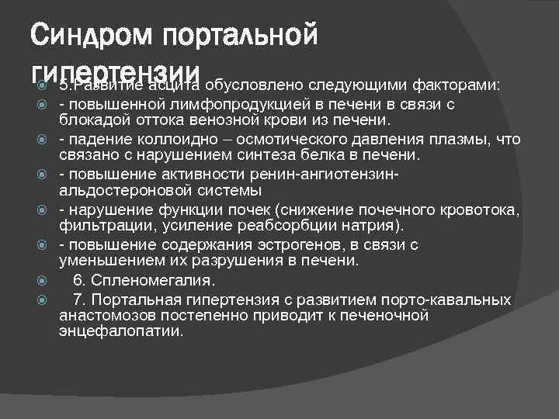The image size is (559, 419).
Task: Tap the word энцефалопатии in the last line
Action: point(120,331)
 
